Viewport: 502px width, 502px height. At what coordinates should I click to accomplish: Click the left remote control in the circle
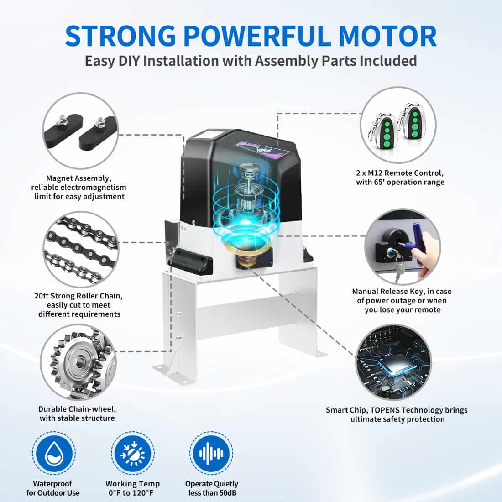click(x=387, y=128)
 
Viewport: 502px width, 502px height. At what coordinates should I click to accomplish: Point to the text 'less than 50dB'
click(x=212, y=493)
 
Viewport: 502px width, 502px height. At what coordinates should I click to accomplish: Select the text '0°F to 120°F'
click(x=132, y=493)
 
